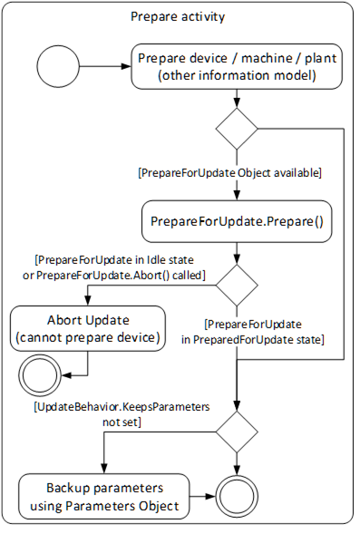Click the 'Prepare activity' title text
[178, 16]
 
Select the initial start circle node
[57, 65]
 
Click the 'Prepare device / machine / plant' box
[237, 66]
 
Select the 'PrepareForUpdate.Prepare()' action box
[237, 220]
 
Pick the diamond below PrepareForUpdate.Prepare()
[237, 286]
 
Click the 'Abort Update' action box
[87, 328]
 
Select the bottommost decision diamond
[238, 432]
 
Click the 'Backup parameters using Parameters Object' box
[104, 496]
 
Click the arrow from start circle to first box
[105, 65]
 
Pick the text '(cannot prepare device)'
[87, 337]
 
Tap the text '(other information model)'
[237, 75]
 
